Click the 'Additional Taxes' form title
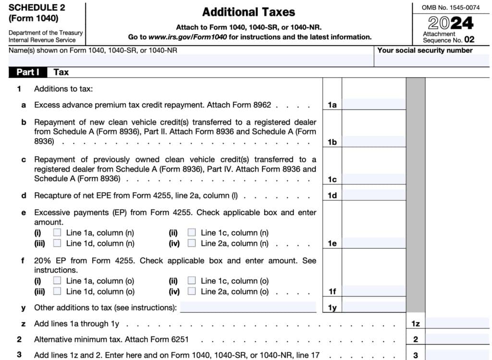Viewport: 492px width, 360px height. [x=248, y=12]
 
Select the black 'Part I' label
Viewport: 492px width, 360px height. [x=28, y=72]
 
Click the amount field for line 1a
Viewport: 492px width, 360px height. [x=373, y=104]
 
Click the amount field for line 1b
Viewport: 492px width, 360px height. [x=373, y=142]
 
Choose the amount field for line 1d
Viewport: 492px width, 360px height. [x=373, y=195]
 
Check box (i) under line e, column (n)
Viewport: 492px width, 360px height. [x=58, y=233]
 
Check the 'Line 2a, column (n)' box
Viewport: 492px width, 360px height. [x=192, y=243]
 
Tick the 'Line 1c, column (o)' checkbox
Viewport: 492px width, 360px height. [x=192, y=281]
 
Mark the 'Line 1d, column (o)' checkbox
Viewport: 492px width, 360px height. [x=58, y=291]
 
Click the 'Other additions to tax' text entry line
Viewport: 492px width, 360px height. [x=248, y=307]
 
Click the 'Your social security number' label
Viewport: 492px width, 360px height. [x=425, y=50]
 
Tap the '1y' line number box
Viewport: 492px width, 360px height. [x=332, y=308]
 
